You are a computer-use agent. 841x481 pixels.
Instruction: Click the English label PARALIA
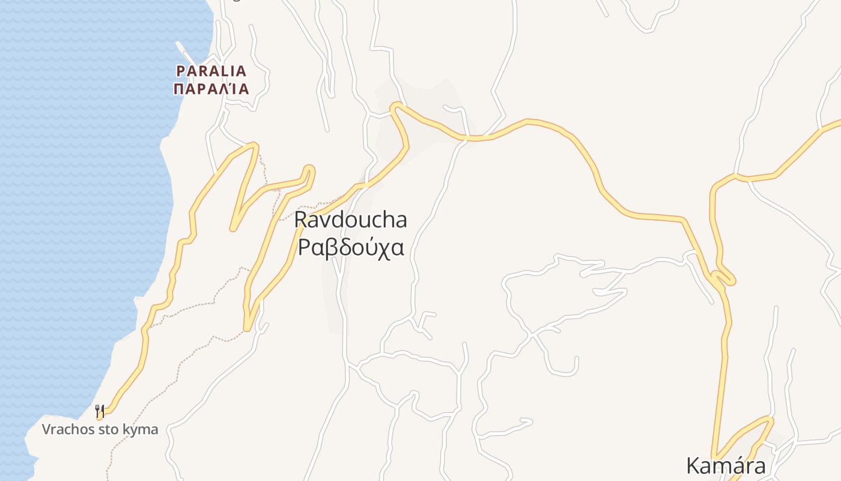211,71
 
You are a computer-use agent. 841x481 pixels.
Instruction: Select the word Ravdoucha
350,220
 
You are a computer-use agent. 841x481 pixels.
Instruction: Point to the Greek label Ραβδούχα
350,247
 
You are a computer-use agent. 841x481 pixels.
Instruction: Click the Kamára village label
726,466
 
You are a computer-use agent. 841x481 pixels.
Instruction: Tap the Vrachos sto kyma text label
100,429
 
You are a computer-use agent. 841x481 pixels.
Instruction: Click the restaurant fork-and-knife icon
100,412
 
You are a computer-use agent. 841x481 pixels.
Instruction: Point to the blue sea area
72,180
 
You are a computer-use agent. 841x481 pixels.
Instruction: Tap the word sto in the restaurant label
114,429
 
